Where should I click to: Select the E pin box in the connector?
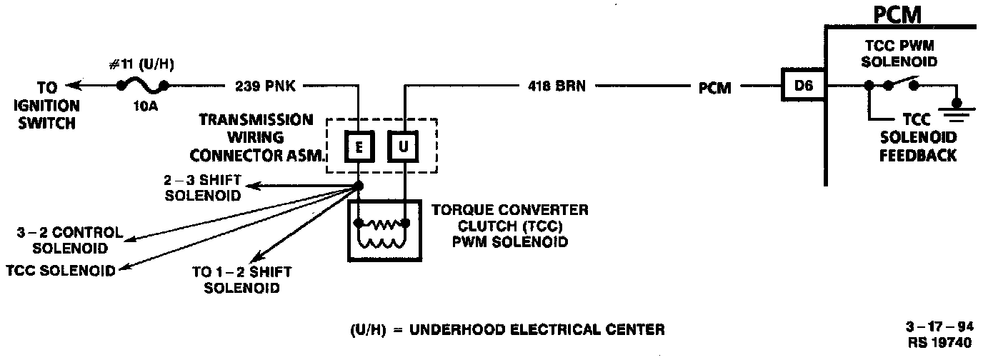pyautogui.click(x=359, y=148)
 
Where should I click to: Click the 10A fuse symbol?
pyautogui.click(x=143, y=87)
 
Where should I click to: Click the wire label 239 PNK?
pyautogui.click(x=265, y=87)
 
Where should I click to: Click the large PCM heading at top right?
pyautogui.click(x=897, y=15)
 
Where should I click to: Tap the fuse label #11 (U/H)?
pyautogui.click(x=142, y=65)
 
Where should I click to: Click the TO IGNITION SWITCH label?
pyautogui.click(x=46, y=105)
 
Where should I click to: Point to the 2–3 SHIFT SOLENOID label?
pyautogui.click(x=202, y=188)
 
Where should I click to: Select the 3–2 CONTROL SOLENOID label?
pyautogui.click(x=69, y=241)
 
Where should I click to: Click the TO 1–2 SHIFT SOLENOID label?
pyautogui.click(x=241, y=280)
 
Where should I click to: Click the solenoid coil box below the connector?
pyautogui.click(x=383, y=230)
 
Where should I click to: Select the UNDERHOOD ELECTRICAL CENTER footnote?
pyautogui.click(x=507, y=330)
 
